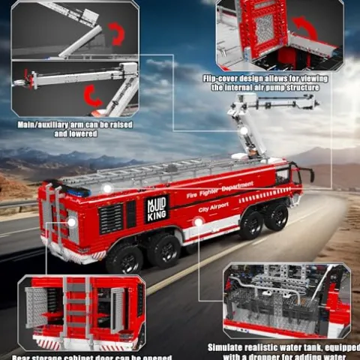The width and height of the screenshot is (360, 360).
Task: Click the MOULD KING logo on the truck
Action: point(156,207)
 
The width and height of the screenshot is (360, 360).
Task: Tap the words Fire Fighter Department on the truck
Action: point(220,189)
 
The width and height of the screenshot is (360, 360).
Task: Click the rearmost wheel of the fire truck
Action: point(120,258)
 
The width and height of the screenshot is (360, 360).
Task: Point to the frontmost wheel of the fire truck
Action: point(276,217)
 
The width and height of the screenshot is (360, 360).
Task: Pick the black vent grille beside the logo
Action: point(110,218)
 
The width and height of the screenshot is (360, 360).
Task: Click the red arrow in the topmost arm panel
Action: point(116,33)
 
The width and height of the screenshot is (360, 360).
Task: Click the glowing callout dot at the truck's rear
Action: point(71,222)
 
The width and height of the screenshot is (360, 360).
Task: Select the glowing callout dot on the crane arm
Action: point(244,130)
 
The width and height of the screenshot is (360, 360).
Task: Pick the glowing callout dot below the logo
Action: point(199,222)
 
